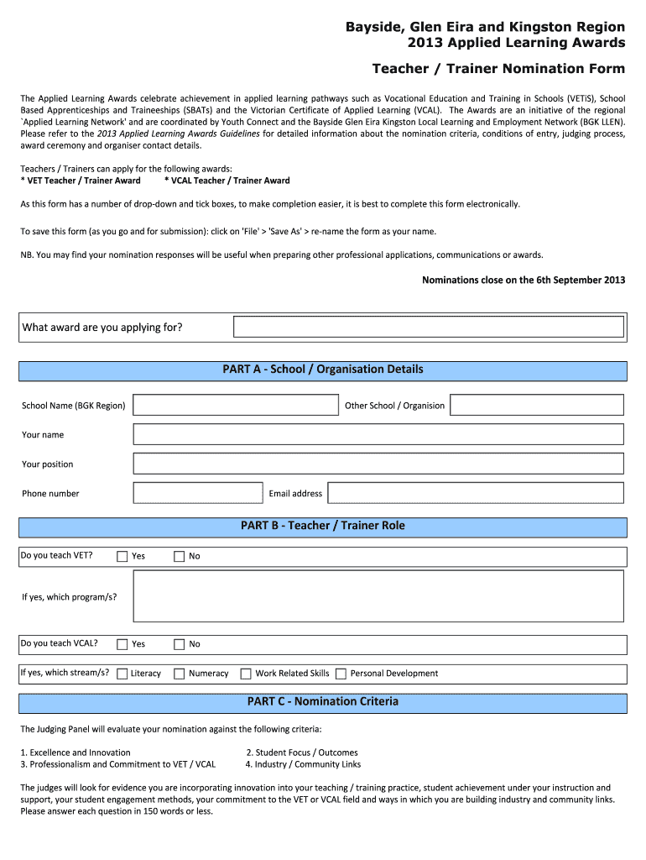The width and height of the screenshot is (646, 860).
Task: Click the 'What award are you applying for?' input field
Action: tap(428, 327)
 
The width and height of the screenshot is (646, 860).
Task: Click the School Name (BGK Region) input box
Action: tap(235, 406)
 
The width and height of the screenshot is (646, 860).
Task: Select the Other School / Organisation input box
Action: tap(537, 406)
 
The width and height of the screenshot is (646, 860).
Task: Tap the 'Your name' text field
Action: tap(378, 434)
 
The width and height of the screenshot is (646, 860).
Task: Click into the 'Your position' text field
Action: tap(378, 464)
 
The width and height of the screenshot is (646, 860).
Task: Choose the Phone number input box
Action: tap(198, 493)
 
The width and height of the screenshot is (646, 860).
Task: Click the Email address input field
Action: tap(475, 493)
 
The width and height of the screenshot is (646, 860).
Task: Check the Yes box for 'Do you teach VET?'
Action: tap(122, 556)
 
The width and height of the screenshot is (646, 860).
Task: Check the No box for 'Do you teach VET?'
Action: tap(179, 556)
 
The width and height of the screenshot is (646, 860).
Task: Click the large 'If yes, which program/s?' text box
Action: tap(378, 596)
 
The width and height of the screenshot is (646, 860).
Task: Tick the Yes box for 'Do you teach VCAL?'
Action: tap(122, 644)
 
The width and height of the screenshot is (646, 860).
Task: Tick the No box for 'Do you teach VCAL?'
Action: tap(179, 644)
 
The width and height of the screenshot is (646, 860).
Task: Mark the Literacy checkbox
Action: tap(122, 674)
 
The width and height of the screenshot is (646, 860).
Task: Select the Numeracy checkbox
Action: tap(179, 674)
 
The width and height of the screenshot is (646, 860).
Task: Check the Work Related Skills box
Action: tap(246, 674)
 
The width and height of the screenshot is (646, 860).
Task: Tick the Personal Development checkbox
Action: tap(341, 674)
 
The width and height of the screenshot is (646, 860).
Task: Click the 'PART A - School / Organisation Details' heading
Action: tap(323, 370)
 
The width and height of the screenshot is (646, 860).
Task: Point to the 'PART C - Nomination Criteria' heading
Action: tap(323, 701)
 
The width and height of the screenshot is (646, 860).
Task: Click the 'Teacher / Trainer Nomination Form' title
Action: tap(498, 68)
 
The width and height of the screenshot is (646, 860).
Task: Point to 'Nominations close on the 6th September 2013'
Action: tap(523, 281)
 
